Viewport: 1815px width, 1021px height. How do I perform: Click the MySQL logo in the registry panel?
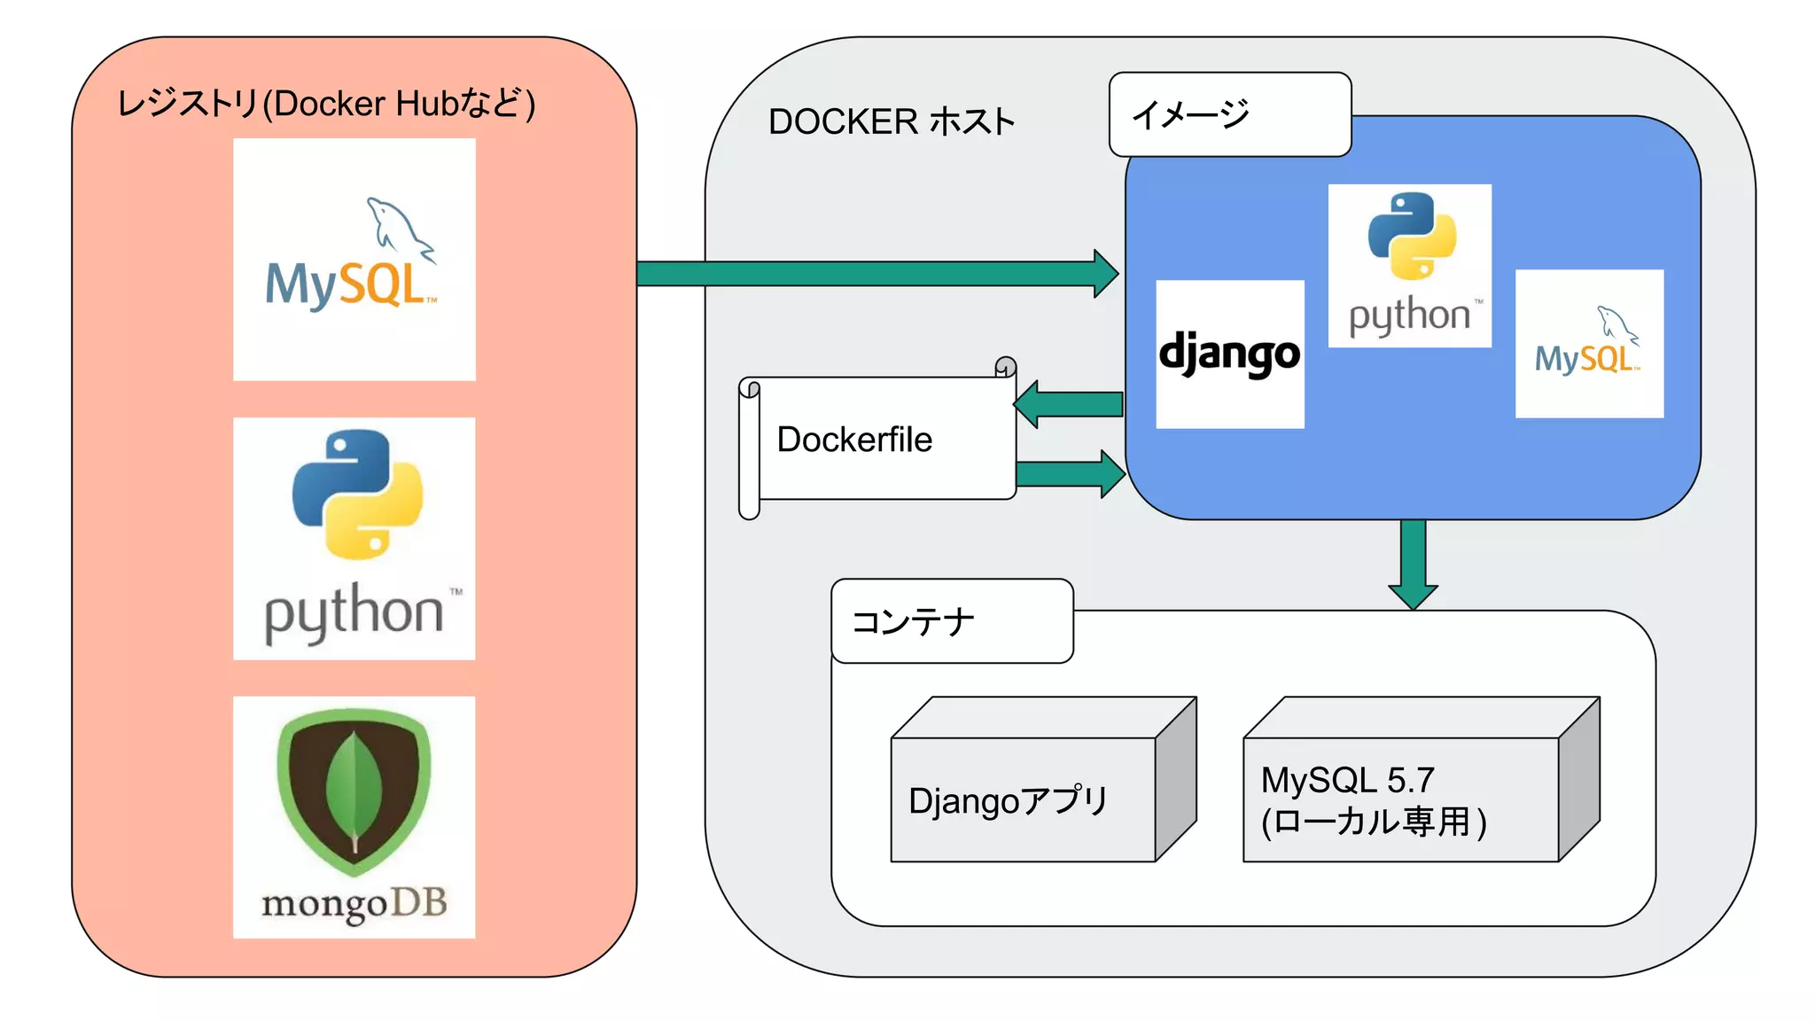354,260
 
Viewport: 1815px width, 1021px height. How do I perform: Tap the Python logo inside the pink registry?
354,538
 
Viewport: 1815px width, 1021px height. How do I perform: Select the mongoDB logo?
354,816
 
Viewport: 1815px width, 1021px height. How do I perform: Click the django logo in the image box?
1229,354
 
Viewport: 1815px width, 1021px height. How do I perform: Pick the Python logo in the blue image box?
1409,265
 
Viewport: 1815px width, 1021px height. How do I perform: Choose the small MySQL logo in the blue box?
1588,344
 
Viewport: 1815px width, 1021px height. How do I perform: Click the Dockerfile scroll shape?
877,440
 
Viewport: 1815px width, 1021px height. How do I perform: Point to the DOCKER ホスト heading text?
891,121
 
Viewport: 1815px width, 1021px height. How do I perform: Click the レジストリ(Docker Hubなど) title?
326,104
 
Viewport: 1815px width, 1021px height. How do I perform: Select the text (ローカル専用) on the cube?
1374,822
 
